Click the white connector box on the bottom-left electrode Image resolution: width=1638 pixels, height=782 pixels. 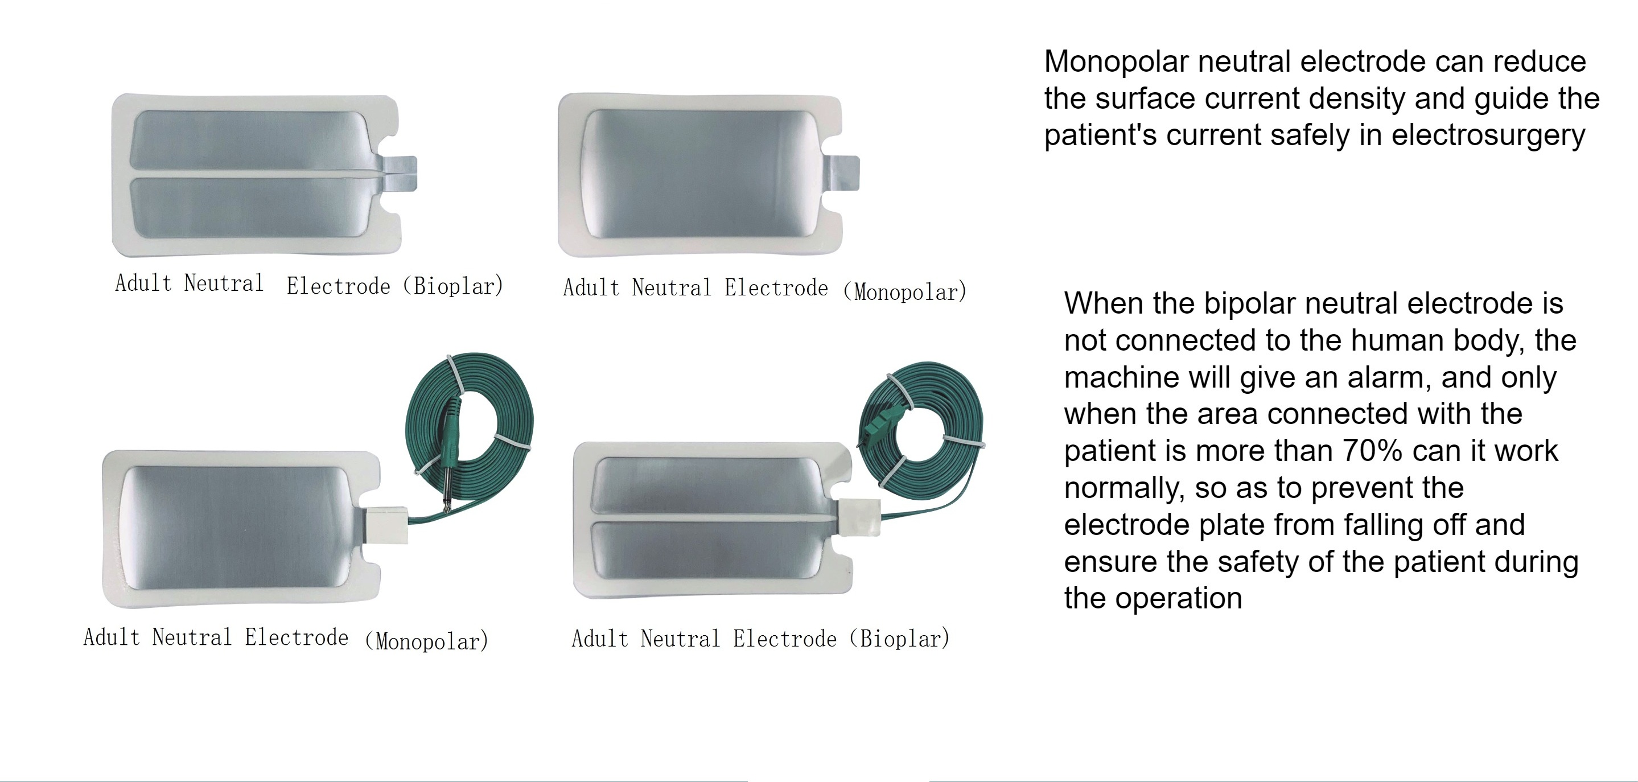click(386, 525)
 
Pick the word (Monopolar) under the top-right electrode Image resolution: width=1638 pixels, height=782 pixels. click(905, 292)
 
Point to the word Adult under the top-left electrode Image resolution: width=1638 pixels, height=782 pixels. click(143, 283)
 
